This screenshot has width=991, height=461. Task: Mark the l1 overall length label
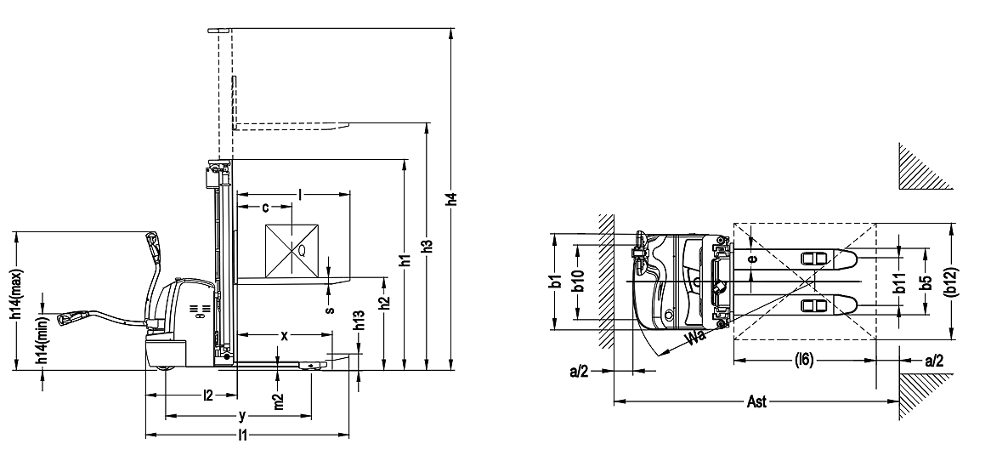coord(243,436)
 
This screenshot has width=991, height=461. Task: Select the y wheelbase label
coord(242,416)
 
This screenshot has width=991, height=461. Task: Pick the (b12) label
coord(951,282)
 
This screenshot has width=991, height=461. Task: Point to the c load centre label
coord(265,207)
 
